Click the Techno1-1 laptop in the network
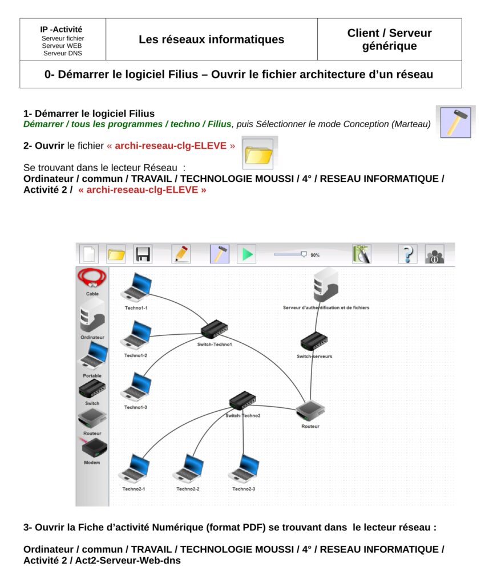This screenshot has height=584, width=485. pos(136,286)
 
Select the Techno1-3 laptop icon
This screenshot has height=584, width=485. pos(136,387)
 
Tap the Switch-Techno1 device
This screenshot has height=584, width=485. pos(214,329)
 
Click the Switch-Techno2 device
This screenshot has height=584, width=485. pos(243,400)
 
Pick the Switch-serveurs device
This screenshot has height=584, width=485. pos(314,340)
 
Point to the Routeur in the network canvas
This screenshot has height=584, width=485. pos(310,411)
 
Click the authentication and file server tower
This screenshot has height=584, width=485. pos(326,285)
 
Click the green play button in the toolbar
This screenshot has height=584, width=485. pos(246,254)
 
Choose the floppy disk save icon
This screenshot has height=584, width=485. pos(143,254)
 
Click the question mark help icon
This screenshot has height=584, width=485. pos(407,254)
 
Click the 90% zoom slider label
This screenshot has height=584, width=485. pos(315,255)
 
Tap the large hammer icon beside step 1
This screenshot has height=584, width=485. pos(455,121)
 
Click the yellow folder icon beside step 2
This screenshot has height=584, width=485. pos(258,153)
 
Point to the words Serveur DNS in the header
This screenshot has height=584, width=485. pos(62,53)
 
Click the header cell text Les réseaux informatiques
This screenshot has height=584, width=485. pos(211,39)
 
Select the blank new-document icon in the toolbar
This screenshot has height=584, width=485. pos(89,254)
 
